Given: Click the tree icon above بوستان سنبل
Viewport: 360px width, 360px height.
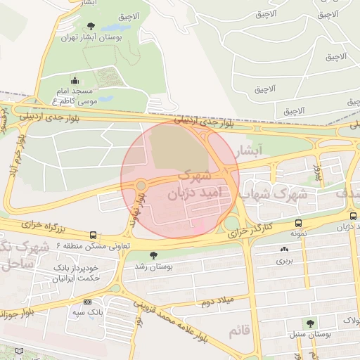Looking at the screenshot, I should (x=310, y=323).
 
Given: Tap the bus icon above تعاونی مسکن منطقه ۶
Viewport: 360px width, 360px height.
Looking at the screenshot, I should (x=94, y=236).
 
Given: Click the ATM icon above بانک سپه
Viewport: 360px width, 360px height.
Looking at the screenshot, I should (x=86, y=301).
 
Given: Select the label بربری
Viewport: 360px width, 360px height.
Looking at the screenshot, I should (x=284, y=261).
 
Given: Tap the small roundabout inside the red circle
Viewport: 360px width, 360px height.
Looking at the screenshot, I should (x=141, y=185).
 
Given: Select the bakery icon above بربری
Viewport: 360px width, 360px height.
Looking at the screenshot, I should (x=284, y=249).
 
